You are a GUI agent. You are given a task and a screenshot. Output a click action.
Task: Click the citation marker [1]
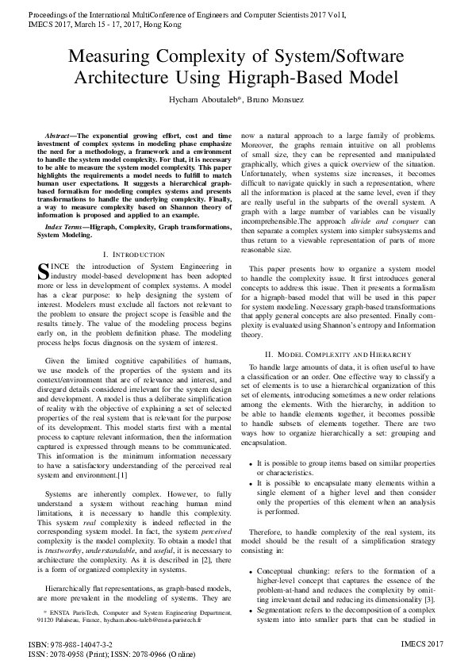pos(121,475)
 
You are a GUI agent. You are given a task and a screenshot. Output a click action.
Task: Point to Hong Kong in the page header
pos(150,25)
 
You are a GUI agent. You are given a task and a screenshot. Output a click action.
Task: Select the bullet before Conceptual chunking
pos(251,571)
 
